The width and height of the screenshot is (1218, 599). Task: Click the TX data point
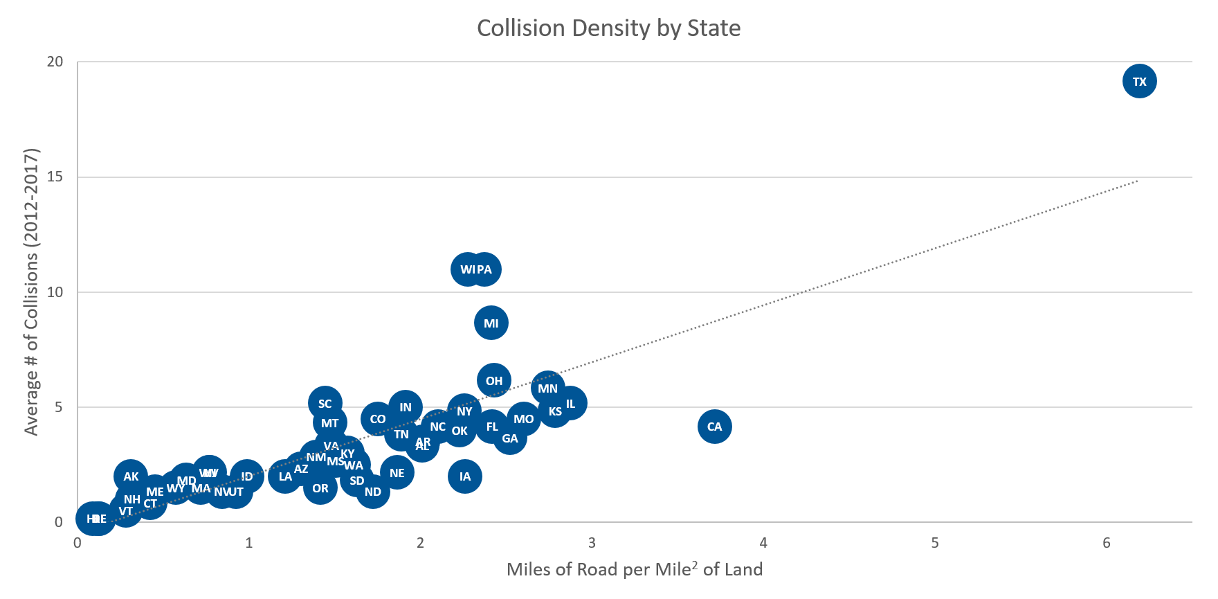1139,82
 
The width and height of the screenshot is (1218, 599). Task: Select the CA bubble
714,427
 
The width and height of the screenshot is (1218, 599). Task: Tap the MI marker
491,323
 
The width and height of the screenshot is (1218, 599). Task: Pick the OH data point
493,381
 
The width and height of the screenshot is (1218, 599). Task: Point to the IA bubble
464,476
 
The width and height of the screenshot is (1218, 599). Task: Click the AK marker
131,476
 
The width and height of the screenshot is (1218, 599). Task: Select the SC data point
325,404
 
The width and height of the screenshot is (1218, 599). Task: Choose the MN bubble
547,388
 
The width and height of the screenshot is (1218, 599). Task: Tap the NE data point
397,473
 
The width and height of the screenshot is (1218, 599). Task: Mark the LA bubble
284,476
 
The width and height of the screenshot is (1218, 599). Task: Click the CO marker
377,419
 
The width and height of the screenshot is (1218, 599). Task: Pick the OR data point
320,488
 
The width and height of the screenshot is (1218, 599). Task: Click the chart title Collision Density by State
608,28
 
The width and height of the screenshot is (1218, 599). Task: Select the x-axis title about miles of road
634,569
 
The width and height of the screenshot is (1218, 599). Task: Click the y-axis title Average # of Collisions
31,292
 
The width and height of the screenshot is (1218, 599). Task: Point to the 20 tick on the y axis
55,62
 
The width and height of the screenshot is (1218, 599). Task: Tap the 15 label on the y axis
55,177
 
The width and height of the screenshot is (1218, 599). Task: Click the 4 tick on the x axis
763,543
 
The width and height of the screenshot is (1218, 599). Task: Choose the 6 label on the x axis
1106,543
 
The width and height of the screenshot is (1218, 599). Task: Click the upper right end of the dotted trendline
1136,181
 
